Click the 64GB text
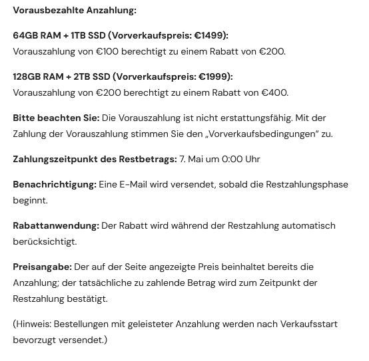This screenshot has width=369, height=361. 26,35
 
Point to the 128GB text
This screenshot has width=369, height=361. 29,76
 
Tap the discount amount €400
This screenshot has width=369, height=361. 274,92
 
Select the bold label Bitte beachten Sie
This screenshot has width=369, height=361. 56,118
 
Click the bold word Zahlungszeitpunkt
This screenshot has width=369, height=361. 56,159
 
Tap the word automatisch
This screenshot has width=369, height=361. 308,225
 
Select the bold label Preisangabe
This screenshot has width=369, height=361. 42,267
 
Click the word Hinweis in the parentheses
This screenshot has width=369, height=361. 33,324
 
